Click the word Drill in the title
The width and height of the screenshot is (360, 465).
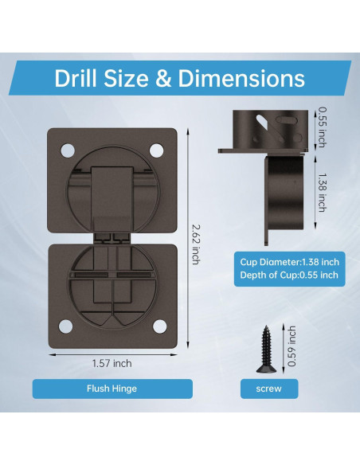click(x=76, y=78)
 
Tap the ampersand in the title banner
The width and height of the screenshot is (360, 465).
click(x=162, y=79)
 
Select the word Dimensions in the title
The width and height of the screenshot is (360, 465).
click(x=241, y=78)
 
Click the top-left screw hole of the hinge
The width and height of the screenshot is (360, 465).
click(x=68, y=150)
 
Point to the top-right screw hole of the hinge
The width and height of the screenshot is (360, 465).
click(x=156, y=150)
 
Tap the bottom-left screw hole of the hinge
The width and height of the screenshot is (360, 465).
click(x=65, y=326)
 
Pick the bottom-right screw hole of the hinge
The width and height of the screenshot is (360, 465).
click(x=159, y=326)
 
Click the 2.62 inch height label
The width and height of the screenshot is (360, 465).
click(x=196, y=244)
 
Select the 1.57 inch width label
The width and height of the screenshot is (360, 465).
click(x=112, y=363)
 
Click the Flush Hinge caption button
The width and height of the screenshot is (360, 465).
click(x=112, y=389)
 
